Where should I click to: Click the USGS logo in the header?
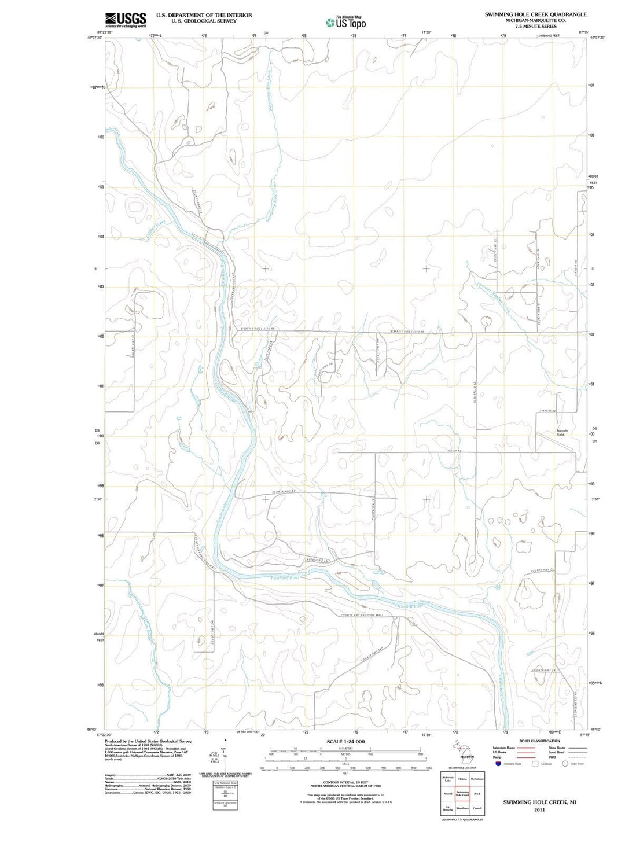pos(125,20)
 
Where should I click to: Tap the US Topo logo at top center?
pos(345,23)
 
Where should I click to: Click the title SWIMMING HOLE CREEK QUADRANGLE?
pos(535,14)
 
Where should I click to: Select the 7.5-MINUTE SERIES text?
pos(535,27)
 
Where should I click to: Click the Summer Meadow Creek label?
pos(492,297)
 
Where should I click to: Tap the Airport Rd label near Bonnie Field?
pos(547,411)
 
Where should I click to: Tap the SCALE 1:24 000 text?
pos(345,742)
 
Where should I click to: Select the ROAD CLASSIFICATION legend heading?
pos(539,741)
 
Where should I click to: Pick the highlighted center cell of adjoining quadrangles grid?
pos(462,793)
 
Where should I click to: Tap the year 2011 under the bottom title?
pos(539,809)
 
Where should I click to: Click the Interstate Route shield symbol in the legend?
pos(498,764)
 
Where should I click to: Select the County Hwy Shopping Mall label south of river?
pos(361,615)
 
